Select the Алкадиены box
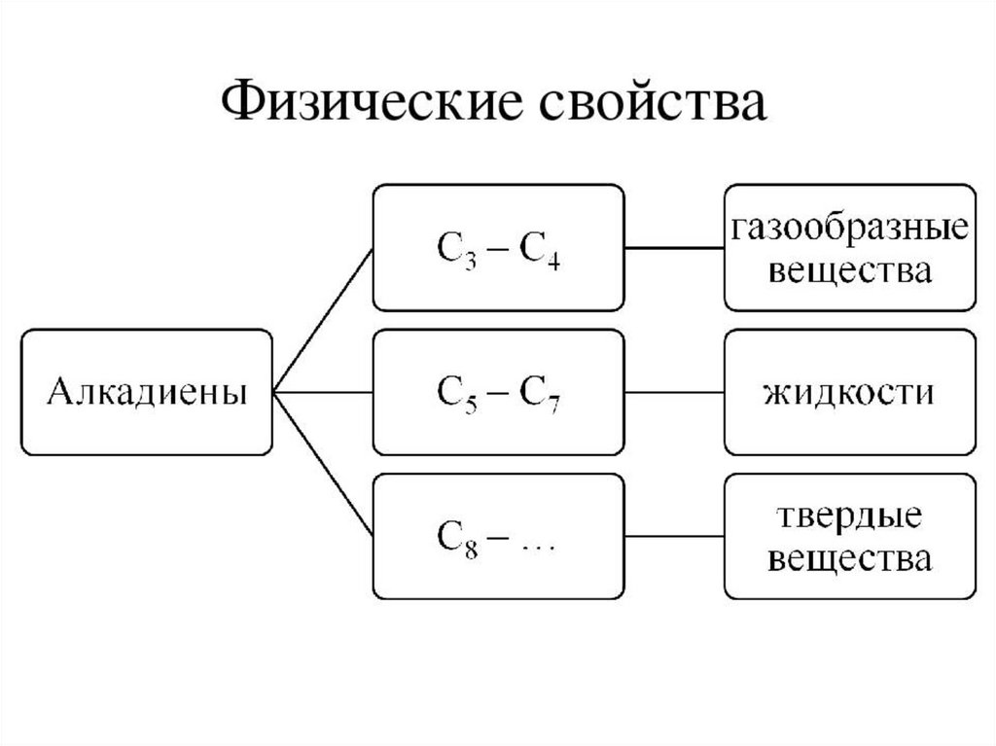tap(147, 392)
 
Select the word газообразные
tap(849, 230)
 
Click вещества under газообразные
tap(849, 269)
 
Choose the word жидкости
tap(849, 393)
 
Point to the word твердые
tap(849, 516)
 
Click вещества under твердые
tap(849, 557)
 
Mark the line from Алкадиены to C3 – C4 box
tap(324, 320)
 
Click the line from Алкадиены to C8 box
tap(324, 465)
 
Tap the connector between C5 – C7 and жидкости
tap(674, 393)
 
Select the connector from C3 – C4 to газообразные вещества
tap(674, 248)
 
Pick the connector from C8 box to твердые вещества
tap(674, 537)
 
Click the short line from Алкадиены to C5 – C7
tap(324, 393)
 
